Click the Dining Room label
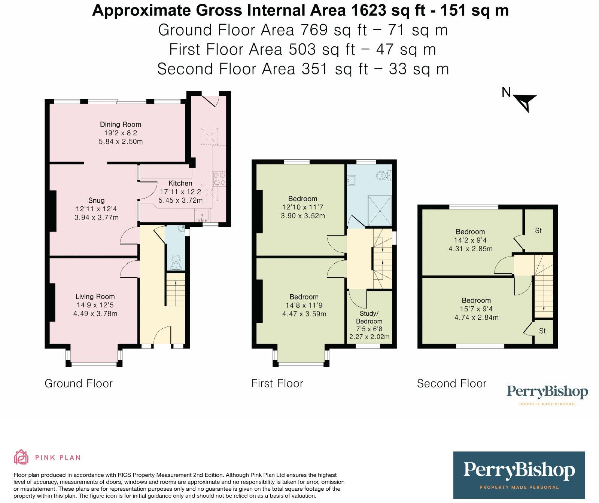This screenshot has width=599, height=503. [x=121, y=125]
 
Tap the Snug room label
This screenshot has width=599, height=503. [x=97, y=200]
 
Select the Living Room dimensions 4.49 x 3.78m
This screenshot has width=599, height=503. [x=95, y=314]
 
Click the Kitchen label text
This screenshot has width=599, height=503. [x=180, y=183]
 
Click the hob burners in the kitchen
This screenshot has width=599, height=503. [x=219, y=179]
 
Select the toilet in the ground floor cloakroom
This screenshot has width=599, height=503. [x=176, y=262]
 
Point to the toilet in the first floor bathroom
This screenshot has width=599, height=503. [x=384, y=174]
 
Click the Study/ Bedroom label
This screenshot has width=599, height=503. [x=369, y=317]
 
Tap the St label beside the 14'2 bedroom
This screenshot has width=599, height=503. [x=538, y=231]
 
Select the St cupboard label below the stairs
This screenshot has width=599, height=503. [x=542, y=331]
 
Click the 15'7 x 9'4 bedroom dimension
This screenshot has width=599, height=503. [x=476, y=309]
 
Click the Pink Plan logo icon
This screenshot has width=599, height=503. [x=21, y=457]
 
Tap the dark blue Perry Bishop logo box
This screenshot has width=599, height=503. [x=519, y=475]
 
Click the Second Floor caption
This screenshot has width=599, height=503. [x=451, y=383]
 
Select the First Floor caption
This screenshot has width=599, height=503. [x=277, y=383]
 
